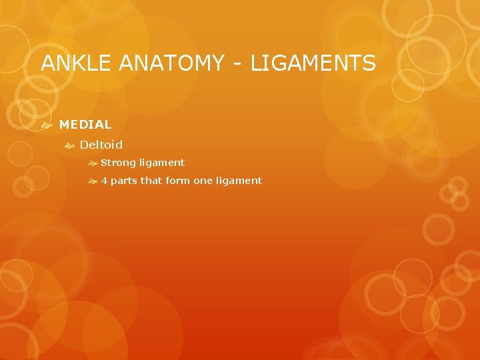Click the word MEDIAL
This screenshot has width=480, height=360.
point(85,125)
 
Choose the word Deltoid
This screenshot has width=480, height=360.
point(101,145)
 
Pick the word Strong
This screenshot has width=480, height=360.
point(119,163)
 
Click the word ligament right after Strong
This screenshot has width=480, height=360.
point(162,163)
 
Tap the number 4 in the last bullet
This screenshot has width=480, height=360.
point(104,181)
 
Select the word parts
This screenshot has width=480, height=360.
point(124,181)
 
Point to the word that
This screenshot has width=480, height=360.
point(151,181)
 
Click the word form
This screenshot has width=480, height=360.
point(177,181)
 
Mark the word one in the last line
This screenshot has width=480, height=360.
point(203,181)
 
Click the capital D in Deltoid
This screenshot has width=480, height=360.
point(84,145)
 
